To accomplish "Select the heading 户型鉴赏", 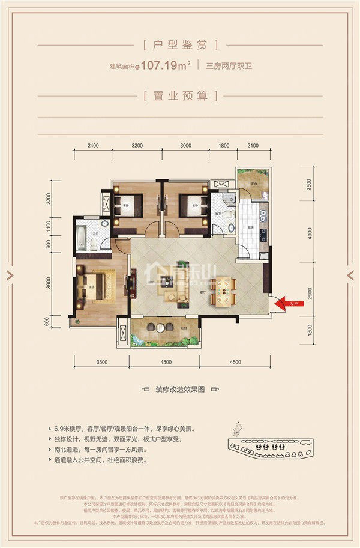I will (181, 44).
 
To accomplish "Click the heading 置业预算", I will (181, 95).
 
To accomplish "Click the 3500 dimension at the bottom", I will (101, 363).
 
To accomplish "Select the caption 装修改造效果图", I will (180, 389).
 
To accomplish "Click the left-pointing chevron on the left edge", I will (10, 274).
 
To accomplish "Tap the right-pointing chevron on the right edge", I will (350, 274).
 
